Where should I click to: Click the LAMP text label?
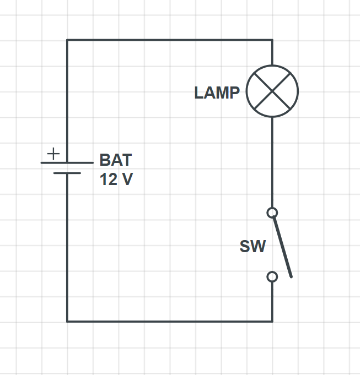click(217, 93)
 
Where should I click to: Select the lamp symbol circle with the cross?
click(272, 91)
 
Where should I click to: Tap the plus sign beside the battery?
click(53, 154)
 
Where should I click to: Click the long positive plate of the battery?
click(67, 163)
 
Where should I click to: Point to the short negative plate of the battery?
click(67, 173)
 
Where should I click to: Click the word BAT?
click(116, 160)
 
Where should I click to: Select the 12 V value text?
click(116, 180)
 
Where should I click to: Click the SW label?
click(252, 246)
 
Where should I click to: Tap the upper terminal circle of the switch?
click(272, 213)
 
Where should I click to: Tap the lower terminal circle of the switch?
click(272, 276)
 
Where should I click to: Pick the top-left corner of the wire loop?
click(67, 40)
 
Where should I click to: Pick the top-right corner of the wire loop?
click(272, 40)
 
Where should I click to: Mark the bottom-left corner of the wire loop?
click(67, 321)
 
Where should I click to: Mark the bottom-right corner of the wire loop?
click(272, 321)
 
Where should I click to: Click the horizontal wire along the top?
click(165, 40)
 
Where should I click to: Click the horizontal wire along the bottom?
click(165, 321)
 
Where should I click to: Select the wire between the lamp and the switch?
click(272, 162)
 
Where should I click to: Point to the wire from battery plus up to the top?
click(67, 99)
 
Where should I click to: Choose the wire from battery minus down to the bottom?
click(67, 248)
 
